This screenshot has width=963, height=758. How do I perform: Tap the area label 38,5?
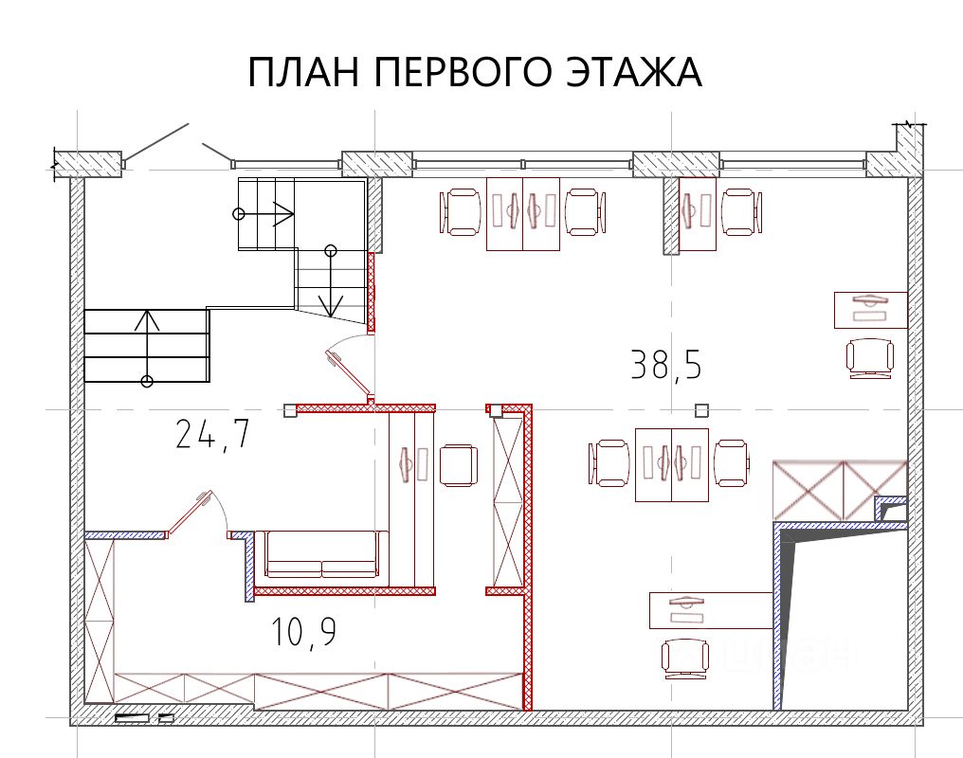666,365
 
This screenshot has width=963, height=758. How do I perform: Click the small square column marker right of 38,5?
701,410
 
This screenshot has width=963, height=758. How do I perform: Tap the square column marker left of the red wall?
290,410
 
